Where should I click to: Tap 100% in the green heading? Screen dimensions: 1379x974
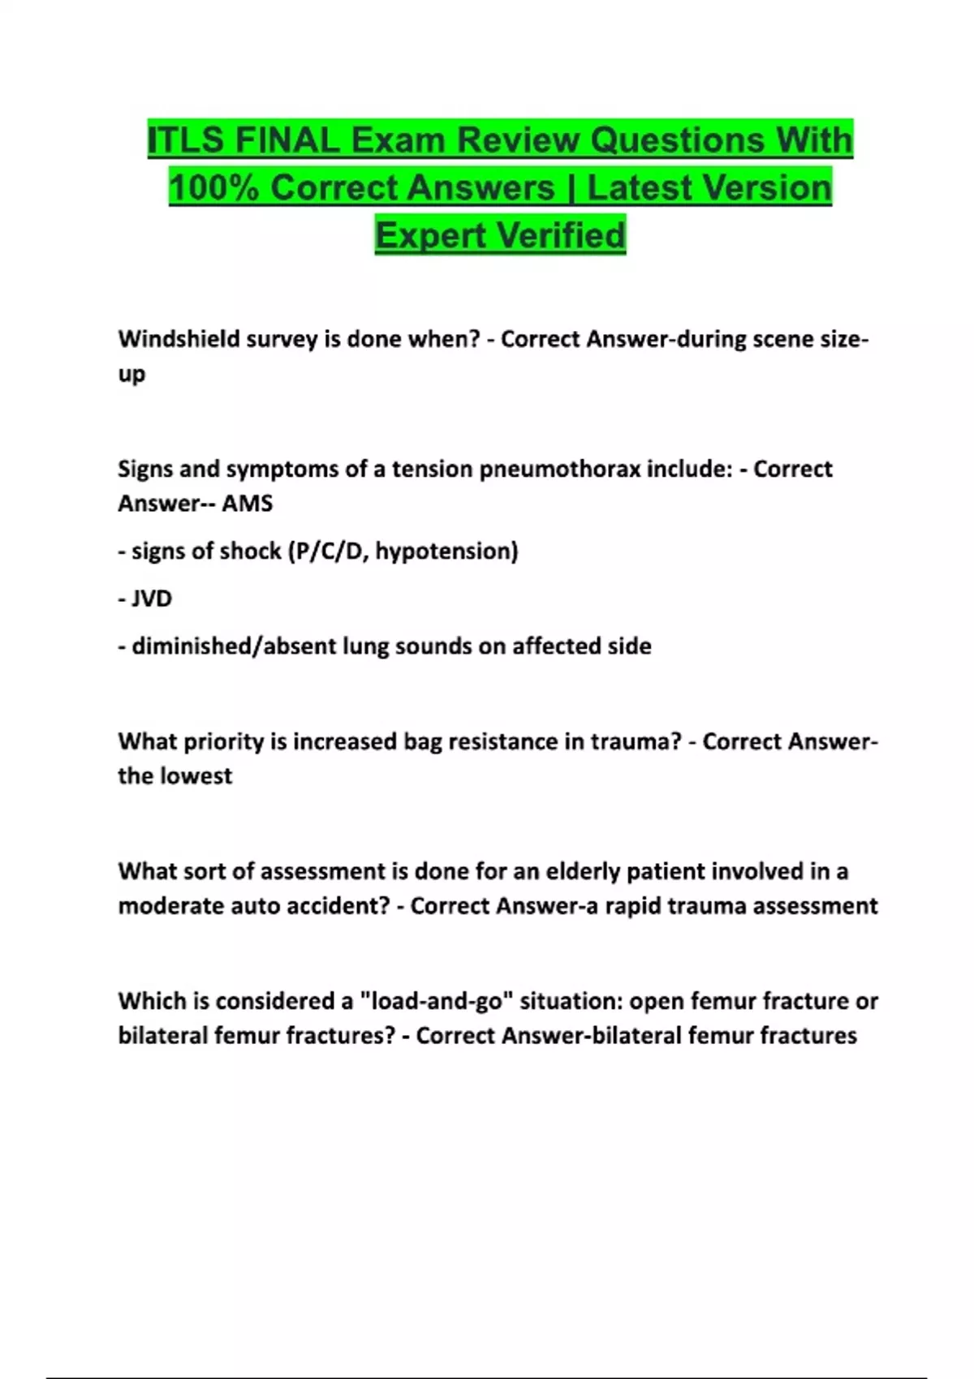coord(213,188)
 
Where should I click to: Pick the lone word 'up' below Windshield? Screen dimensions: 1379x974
coord(131,375)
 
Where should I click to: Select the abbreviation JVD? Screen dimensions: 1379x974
coord(152,599)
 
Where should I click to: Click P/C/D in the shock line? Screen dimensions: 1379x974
coord(327,552)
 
